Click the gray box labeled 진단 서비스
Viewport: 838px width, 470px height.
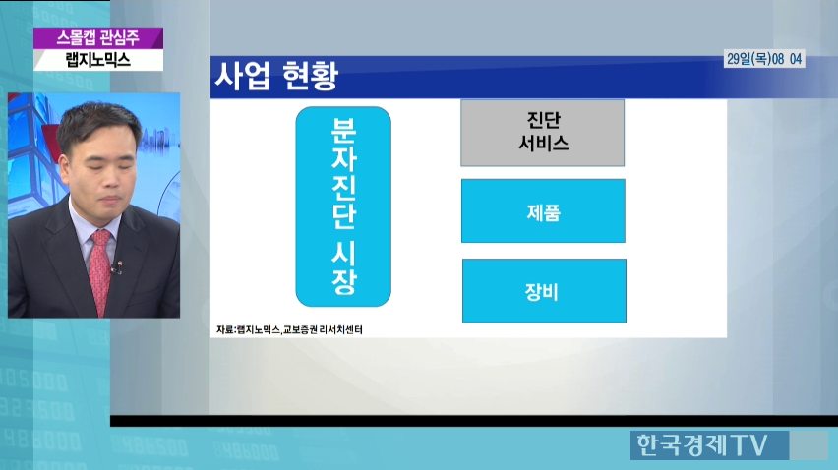click(543, 133)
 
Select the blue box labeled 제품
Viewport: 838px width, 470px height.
click(543, 211)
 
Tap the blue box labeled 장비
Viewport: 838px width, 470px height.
click(544, 290)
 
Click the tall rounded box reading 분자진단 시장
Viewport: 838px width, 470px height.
click(343, 206)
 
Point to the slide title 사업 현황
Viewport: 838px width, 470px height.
click(276, 76)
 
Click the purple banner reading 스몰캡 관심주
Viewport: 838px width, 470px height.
click(98, 38)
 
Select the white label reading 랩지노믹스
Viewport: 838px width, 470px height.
click(98, 59)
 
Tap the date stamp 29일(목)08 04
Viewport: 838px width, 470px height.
click(764, 59)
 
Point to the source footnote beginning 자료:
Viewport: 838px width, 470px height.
click(290, 329)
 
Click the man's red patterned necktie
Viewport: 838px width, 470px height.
click(99, 270)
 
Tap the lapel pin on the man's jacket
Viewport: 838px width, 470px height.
click(120, 264)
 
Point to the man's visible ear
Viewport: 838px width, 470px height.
click(65, 169)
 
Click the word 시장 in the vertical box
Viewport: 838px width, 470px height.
click(343, 267)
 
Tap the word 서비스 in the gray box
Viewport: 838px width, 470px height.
click(543, 144)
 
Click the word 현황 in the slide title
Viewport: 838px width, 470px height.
click(310, 76)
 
